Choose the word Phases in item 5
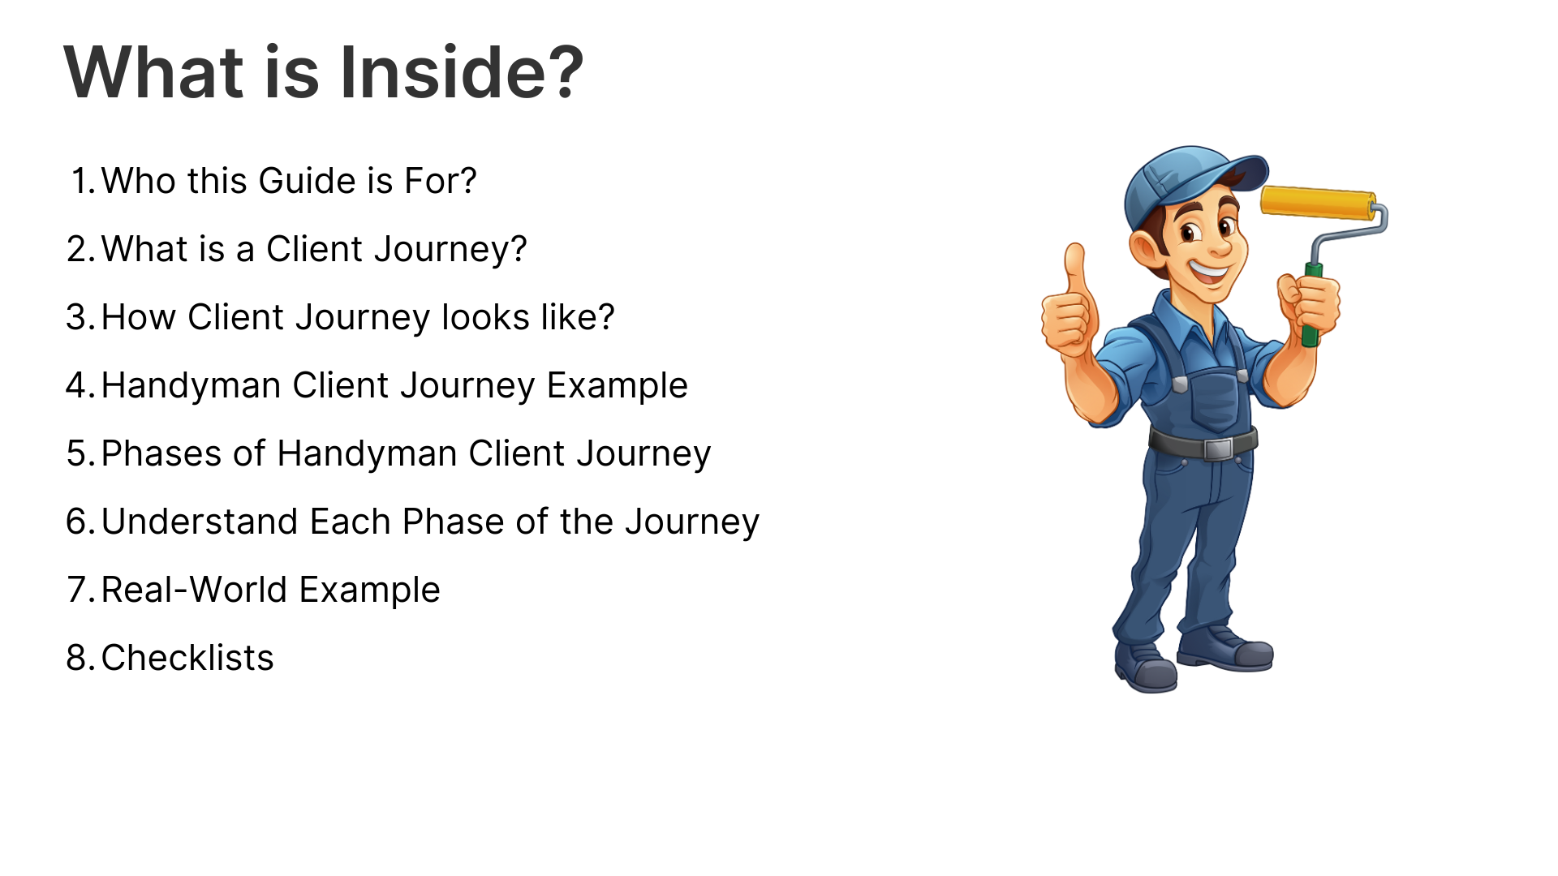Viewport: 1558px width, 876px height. [x=161, y=453]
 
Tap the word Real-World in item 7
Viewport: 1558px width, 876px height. [x=194, y=590]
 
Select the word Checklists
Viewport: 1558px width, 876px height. [x=187, y=658]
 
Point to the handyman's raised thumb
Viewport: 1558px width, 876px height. [x=1076, y=268]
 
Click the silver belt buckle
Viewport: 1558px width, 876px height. [x=1217, y=449]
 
